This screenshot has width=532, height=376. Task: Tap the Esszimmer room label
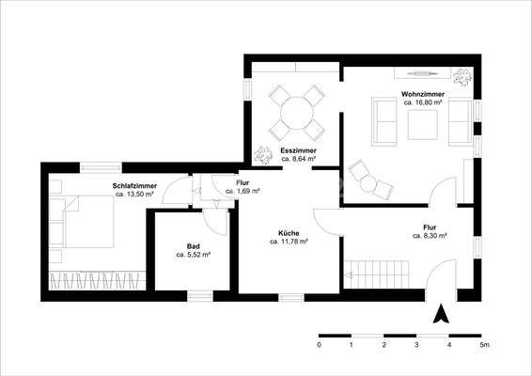coord(297,151)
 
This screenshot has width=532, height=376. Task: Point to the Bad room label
coord(193,245)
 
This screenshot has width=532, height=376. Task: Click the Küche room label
coord(289,232)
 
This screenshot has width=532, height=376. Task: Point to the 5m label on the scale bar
coord(483,346)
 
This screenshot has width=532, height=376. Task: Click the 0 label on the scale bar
coord(320,346)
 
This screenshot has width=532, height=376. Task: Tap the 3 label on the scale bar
coord(416,346)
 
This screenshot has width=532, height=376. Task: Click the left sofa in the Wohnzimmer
coord(383,121)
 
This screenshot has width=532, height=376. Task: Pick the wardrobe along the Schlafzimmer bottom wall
coord(94,279)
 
